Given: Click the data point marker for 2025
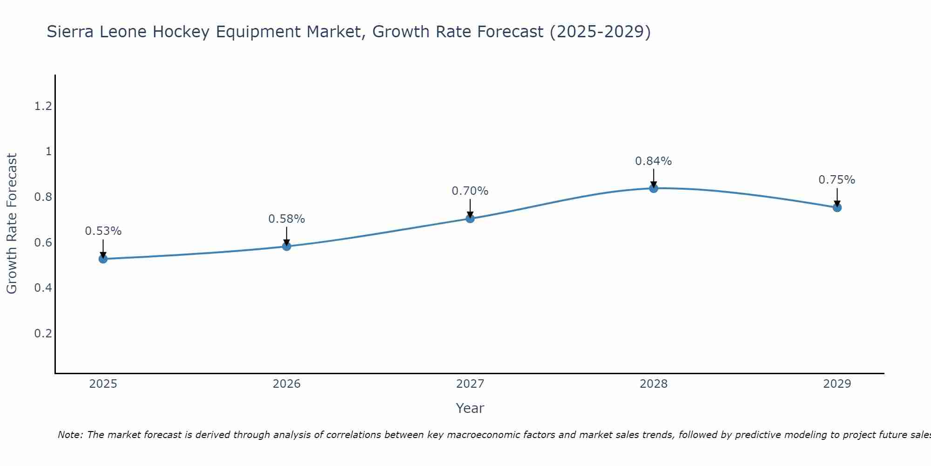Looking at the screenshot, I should click(x=103, y=259).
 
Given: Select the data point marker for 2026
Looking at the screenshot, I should click(x=287, y=246).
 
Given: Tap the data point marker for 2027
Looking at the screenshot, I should click(x=470, y=218).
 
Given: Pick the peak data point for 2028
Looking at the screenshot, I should click(x=654, y=188).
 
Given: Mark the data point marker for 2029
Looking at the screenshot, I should click(x=837, y=207).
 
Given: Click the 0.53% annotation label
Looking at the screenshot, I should click(x=103, y=231).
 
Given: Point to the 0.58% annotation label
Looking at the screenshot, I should click(x=287, y=219).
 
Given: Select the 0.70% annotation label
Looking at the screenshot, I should click(x=470, y=191).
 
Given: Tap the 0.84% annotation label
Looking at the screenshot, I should click(x=654, y=161).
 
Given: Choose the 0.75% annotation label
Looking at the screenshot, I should click(x=837, y=180).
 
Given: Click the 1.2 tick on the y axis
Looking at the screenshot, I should click(x=43, y=106).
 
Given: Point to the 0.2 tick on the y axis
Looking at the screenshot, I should click(x=43, y=333).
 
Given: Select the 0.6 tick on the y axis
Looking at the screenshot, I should click(x=43, y=242).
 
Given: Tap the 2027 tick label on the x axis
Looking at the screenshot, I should click(x=470, y=384).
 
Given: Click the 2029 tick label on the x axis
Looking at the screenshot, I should click(x=837, y=384).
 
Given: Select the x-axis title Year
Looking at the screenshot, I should click(x=470, y=408).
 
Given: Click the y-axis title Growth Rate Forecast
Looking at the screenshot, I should click(x=12, y=224).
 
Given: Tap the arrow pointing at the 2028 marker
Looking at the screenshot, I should click(x=654, y=178).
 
